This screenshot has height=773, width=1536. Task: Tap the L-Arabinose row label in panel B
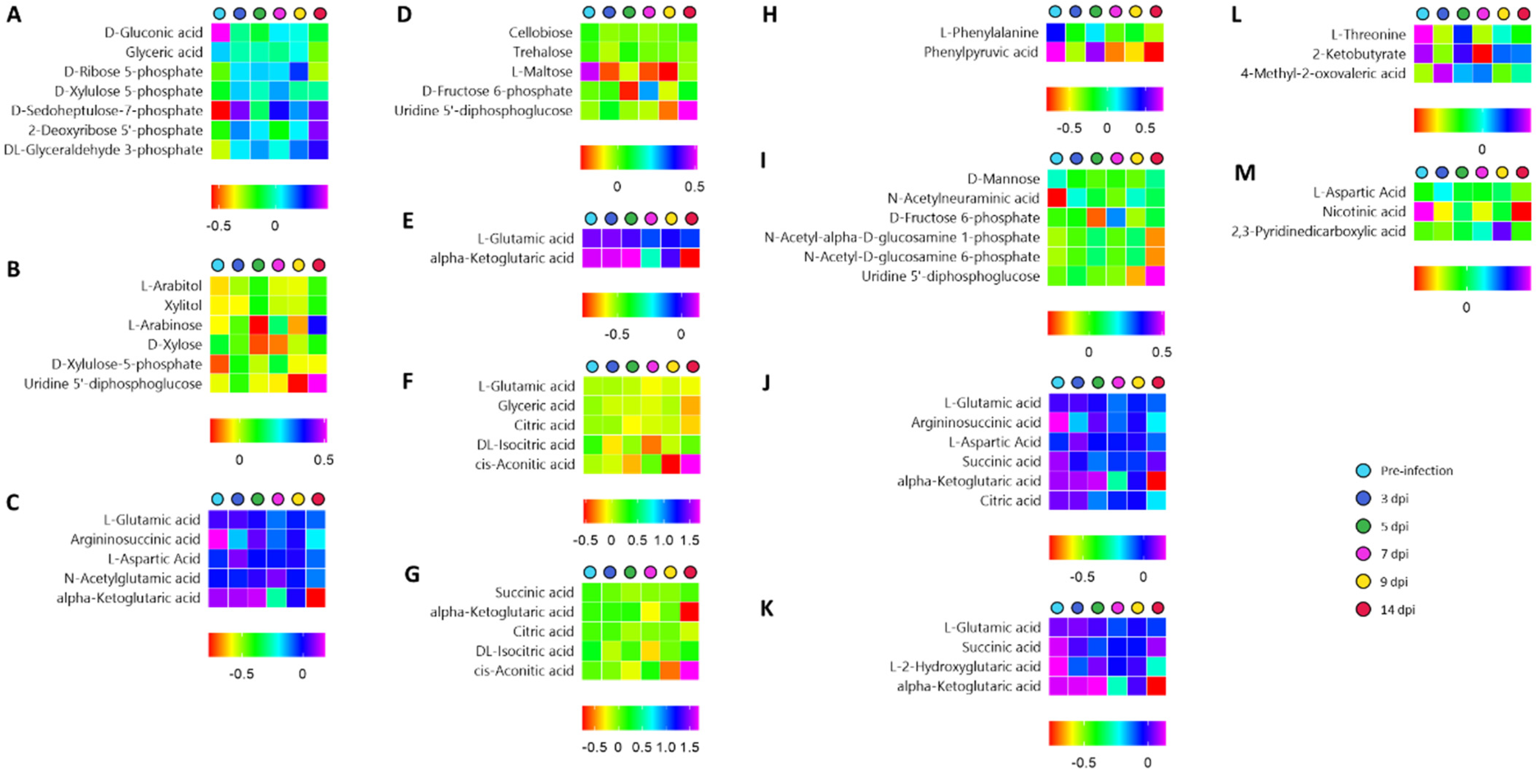pos(165,325)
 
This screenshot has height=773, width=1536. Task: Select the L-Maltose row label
pos(541,72)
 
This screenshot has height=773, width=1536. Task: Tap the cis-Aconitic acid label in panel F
pos(524,464)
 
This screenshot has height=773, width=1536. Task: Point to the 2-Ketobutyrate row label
pos(1358,54)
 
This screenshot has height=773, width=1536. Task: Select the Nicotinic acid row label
pos(1363,212)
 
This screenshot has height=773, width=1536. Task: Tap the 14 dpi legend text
pos(1397,610)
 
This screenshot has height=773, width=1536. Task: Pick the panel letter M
pos(1244,173)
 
